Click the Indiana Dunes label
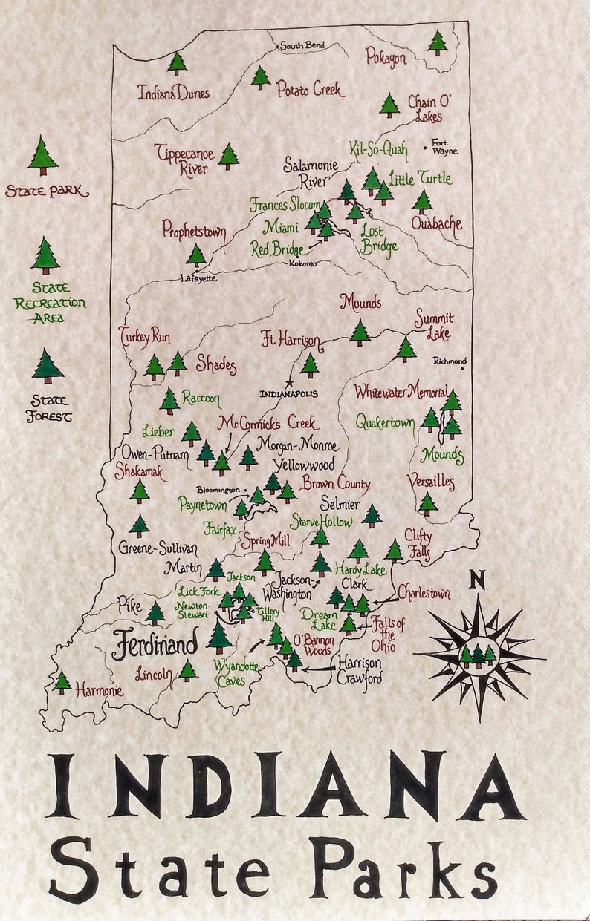coord(173,94)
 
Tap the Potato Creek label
coord(311,90)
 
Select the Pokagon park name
coord(386,56)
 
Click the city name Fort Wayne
coord(444,147)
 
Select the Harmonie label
coord(99,690)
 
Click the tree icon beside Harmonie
coord(62,681)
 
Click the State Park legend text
coord(46,191)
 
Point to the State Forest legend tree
coord(48,367)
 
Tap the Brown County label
coord(335,484)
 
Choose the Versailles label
coord(430,482)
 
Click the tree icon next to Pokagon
coord(438,42)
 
